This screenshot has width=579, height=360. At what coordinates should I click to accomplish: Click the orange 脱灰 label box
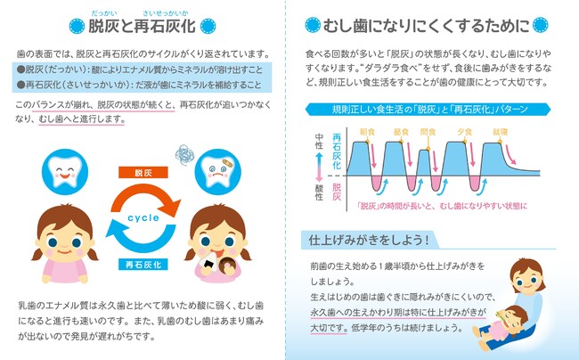(x=143, y=173)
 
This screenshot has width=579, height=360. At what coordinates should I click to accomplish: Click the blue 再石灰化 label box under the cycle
(x=143, y=265)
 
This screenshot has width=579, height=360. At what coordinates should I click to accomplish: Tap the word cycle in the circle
(x=143, y=217)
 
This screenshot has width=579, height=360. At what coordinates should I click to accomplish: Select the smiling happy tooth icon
(x=65, y=172)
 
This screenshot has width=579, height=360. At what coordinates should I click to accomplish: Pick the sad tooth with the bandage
(x=218, y=172)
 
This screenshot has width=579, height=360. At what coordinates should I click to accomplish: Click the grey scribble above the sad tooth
(x=184, y=154)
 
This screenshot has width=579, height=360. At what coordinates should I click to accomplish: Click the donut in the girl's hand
(x=226, y=265)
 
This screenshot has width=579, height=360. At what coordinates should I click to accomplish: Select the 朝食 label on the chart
(x=367, y=132)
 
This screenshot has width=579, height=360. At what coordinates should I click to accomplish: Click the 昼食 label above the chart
(x=401, y=132)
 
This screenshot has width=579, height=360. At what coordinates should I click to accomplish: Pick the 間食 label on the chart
(x=428, y=132)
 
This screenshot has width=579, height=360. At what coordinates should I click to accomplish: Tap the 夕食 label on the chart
(x=464, y=132)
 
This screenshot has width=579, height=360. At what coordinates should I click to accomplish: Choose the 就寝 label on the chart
(x=501, y=132)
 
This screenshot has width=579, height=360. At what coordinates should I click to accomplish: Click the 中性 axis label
(x=319, y=141)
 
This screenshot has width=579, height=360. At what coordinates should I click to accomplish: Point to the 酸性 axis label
(x=319, y=192)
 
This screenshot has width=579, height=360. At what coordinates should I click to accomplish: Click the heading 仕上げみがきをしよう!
(x=369, y=240)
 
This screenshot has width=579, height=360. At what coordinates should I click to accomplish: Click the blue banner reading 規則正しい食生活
(x=428, y=110)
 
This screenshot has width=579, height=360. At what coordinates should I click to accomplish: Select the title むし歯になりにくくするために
(x=427, y=26)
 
